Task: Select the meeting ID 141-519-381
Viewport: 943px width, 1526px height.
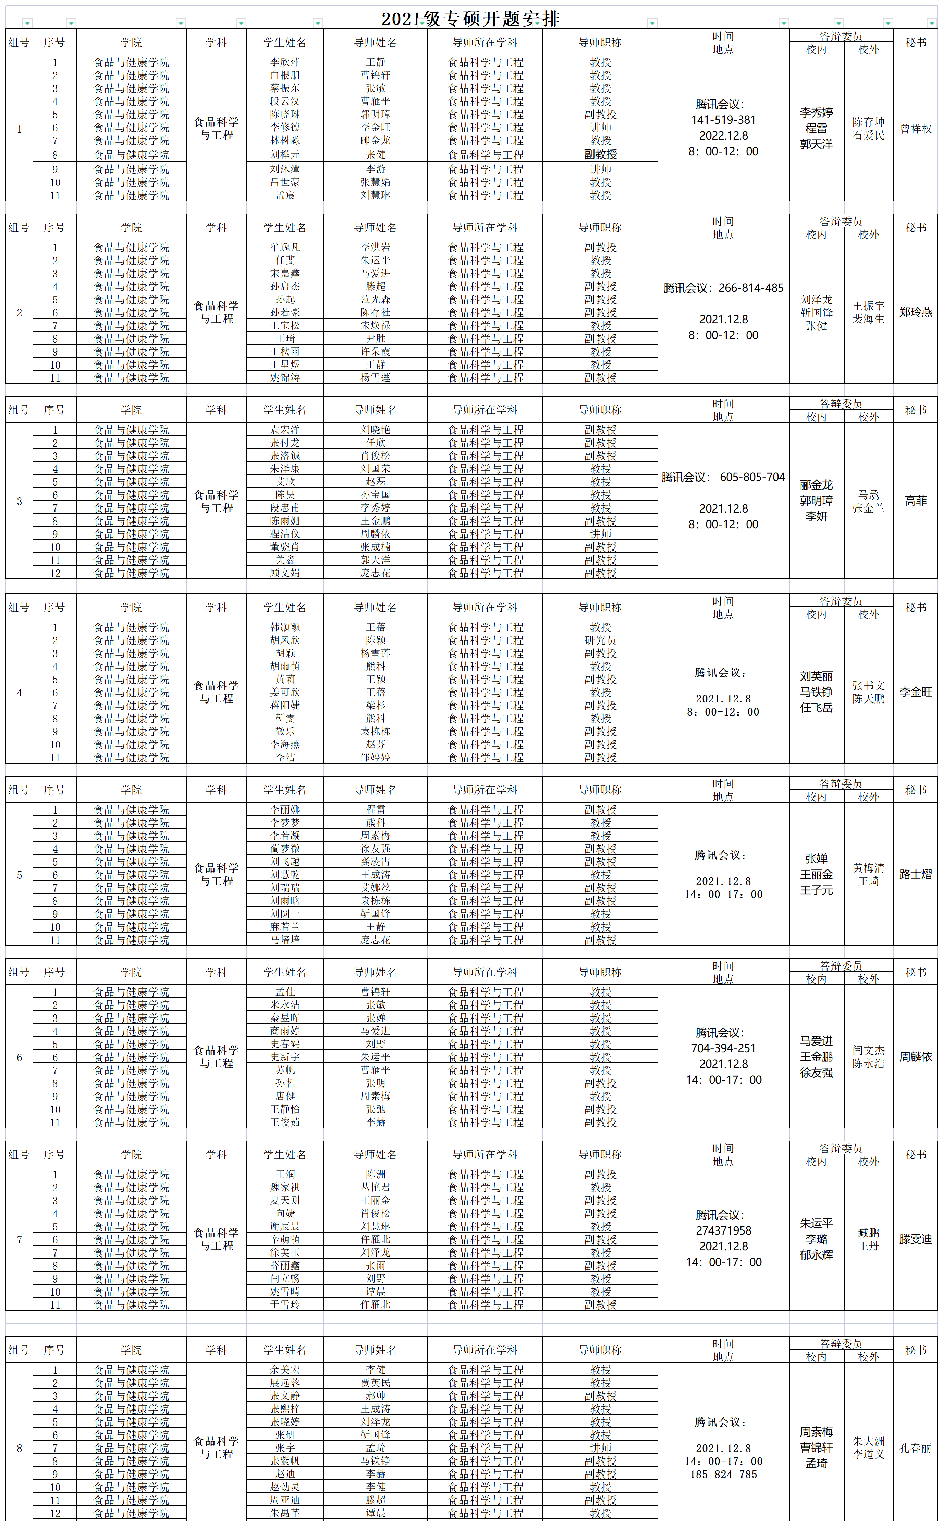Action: click(x=723, y=120)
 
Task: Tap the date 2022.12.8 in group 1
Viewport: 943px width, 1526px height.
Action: click(x=723, y=135)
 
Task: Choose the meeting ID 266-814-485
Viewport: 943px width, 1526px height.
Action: click(x=750, y=288)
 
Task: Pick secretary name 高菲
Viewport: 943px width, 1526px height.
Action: click(x=915, y=501)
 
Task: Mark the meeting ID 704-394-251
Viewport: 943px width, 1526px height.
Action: click(x=723, y=1048)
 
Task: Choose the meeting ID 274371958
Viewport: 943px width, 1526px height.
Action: click(x=723, y=1230)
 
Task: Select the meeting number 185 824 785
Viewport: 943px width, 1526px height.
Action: click(x=723, y=1474)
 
